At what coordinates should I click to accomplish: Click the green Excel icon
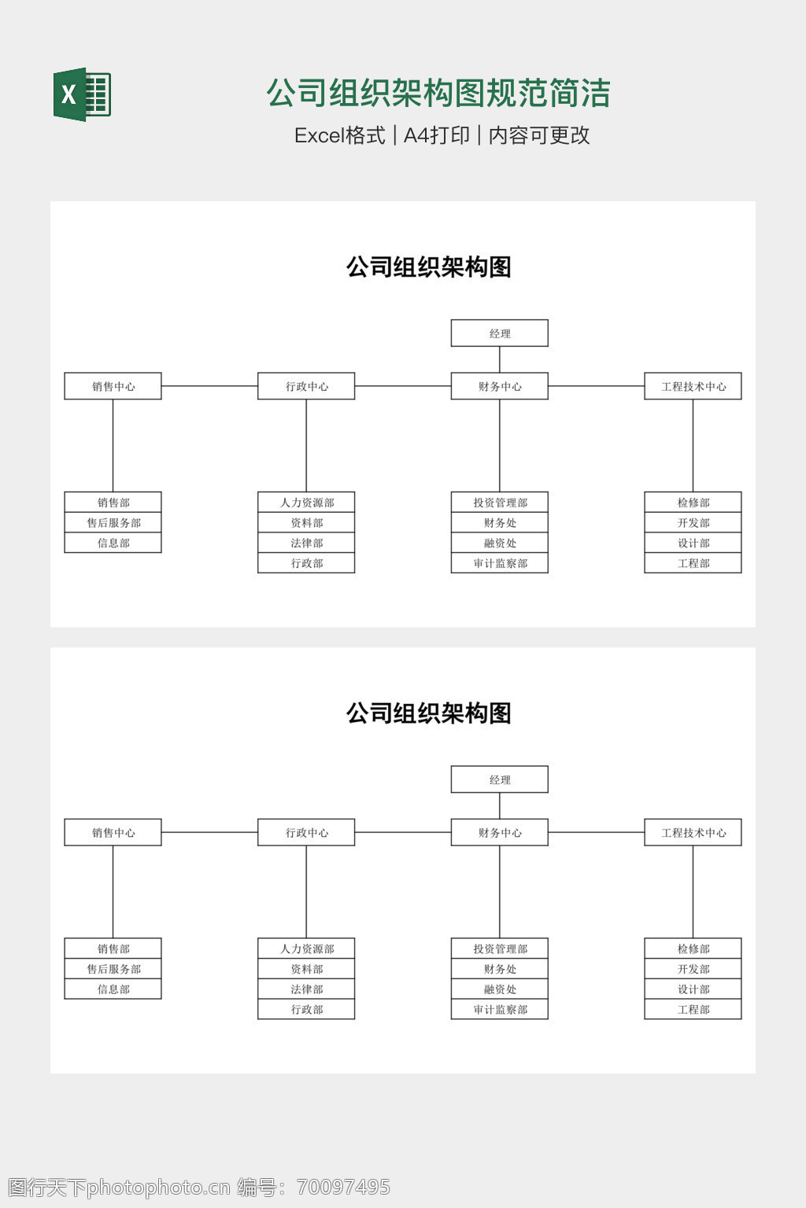(82, 94)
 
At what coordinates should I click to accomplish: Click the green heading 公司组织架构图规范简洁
(438, 93)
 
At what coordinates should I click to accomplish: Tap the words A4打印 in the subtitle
(436, 135)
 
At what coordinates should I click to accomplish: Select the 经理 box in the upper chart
(499, 333)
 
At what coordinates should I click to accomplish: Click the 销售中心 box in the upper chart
(113, 386)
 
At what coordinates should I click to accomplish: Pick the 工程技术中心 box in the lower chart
(693, 833)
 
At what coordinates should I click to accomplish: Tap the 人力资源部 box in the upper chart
(306, 503)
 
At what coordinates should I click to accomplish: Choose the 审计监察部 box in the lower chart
(499, 1010)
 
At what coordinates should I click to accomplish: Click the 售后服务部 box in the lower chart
(113, 969)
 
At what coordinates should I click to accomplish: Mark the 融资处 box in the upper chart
(499, 543)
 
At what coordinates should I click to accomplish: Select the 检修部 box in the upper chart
(693, 503)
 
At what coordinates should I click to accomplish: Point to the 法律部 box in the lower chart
(306, 989)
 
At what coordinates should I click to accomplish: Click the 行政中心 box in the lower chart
(306, 833)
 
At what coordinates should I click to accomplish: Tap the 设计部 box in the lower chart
(693, 989)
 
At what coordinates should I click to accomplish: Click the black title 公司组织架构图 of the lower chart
(429, 713)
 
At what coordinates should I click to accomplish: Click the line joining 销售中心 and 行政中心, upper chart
(209, 386)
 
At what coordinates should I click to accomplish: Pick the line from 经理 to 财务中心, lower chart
(500, 806)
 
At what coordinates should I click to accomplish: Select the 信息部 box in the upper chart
(113, 543)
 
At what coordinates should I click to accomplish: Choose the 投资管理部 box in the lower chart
(499, 949)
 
